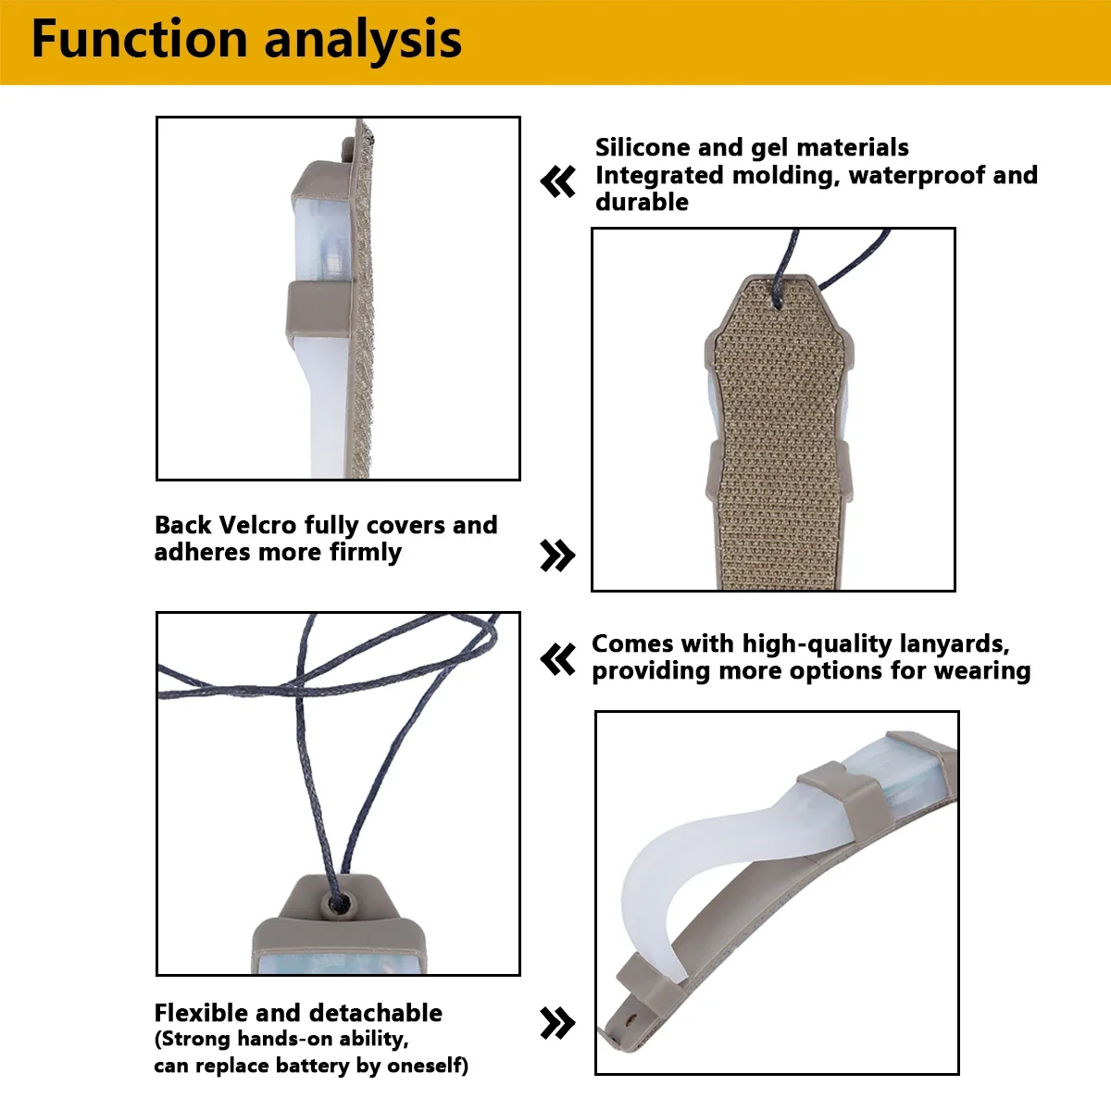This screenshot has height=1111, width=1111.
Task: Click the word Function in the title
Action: point(140,39)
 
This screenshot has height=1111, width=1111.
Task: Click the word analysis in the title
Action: point(363,42)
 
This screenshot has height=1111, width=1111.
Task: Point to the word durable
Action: point(642,203)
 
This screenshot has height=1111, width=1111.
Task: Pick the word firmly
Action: point(366,553)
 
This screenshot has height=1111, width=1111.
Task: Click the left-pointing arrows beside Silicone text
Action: point(557,181)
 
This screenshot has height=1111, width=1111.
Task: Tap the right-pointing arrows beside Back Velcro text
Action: point(557,555)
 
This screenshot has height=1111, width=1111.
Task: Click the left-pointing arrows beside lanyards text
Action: point(557,659)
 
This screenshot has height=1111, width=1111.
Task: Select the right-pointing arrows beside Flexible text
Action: point(557,1023)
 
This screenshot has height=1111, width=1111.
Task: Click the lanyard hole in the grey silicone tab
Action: point(339,903)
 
